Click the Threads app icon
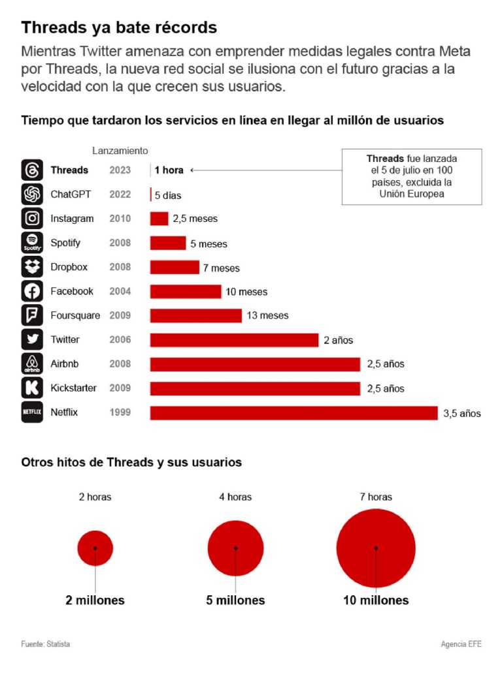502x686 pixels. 32,170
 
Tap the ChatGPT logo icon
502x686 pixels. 32,195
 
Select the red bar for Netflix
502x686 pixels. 293,413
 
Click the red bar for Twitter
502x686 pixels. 234,339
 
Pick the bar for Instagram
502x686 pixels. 159,219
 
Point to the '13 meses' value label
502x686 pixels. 267,315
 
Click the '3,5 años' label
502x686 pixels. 461,413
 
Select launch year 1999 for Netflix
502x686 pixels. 120,412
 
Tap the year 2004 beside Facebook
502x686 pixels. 120,291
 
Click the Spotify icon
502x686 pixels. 32,243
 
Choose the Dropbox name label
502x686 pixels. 69,267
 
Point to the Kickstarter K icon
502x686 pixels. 32,388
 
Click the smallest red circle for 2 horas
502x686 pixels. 95,548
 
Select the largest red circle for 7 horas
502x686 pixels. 376,548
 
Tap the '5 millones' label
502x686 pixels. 235,600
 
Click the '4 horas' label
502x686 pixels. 235,497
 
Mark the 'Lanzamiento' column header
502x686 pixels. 120,151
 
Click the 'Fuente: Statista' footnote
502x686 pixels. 45,644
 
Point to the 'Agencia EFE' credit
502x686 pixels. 461,644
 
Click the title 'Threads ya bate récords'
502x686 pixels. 119,28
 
